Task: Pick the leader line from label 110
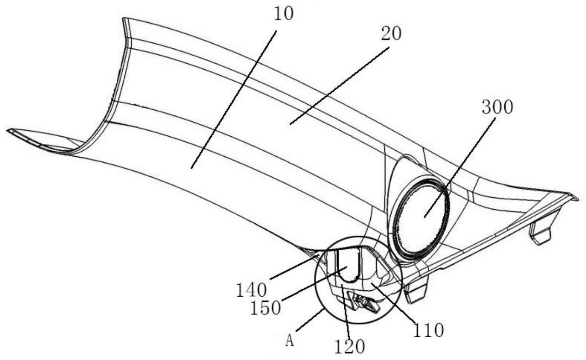(x=395, y=303)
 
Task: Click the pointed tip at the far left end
(x=9, y=131)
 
